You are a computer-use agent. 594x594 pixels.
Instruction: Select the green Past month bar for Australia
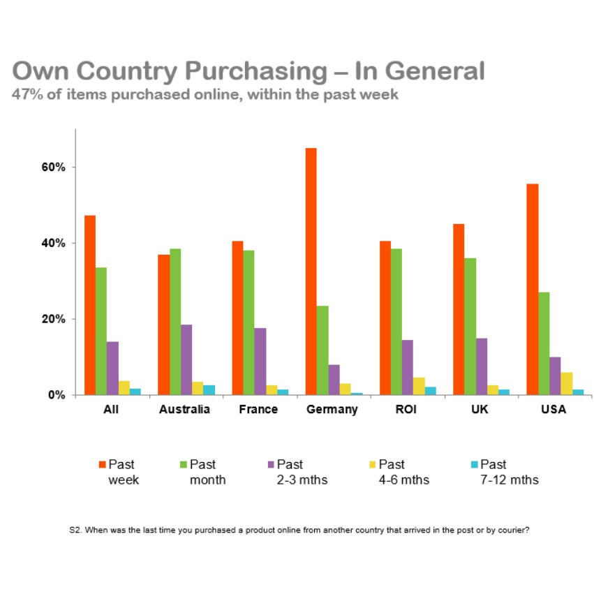point(175,322)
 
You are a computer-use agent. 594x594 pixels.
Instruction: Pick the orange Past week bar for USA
point(533,289)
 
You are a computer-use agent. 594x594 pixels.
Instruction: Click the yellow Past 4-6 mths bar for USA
point(567,383)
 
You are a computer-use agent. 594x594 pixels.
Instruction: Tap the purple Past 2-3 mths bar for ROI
point(408,367)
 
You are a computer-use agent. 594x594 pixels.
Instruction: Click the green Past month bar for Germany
point(322,350)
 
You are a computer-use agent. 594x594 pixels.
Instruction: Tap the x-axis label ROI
point(406,410)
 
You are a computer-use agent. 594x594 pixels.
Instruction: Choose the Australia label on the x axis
point(184,410)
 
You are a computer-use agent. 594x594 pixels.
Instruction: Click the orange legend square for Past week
point(102,464)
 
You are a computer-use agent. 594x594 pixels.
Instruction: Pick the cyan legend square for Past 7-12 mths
point(475,464)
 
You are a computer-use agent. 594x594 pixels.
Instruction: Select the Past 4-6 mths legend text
point(403,472)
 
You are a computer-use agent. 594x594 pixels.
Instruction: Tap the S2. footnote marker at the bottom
point(76,530)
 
